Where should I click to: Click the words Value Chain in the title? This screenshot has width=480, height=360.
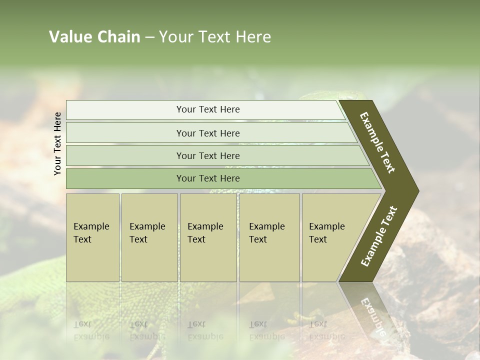(94, 37)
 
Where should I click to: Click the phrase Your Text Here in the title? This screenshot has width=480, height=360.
(215, 37)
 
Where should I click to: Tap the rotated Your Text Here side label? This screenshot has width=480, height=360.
(57, 143)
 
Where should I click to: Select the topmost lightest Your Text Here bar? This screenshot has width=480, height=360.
(208, 109)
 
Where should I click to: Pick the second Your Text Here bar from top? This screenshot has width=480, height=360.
(208, 133)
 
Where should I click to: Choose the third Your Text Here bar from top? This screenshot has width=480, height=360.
(208, 155)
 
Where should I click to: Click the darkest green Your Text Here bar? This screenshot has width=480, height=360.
(208, 178)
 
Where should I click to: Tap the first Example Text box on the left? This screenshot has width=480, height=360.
(92, 237)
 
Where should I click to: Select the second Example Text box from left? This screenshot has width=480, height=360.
(149, 237)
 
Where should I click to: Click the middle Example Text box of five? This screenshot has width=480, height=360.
(208, 237)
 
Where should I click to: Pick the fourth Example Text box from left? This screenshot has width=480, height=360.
(269, 237)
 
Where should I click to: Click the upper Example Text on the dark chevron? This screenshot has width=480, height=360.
(377, 142)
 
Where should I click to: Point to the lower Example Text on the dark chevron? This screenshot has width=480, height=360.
(378, 236)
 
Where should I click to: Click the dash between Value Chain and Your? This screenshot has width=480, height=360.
(149, 37)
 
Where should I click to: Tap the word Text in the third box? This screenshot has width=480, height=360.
(196, 239)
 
